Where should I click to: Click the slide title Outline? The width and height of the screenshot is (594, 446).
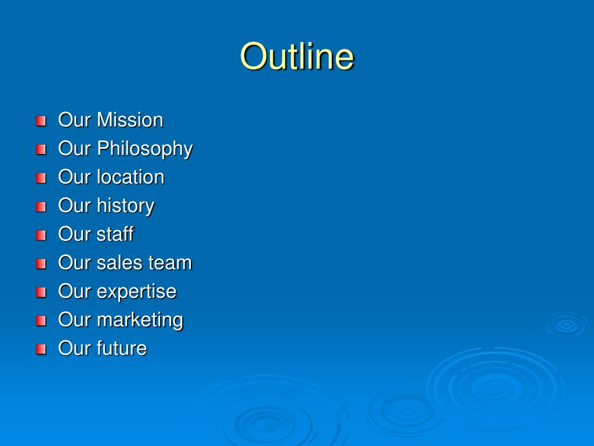tap(297, 56)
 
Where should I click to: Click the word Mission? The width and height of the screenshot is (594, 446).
tap(130, 120)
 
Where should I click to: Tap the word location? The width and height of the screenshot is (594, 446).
tap(131, 177)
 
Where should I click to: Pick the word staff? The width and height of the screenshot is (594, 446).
tap(115, 234)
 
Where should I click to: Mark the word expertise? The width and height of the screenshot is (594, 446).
tap(136, 292)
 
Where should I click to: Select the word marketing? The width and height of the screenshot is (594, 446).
tap(140, 321)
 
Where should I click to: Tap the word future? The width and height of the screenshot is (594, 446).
tap(122, 348)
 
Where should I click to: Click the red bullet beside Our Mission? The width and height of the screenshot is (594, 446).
tap(41, 121)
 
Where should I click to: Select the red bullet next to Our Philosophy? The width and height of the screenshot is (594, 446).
tap(41, 149)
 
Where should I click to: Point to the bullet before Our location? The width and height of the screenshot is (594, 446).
tap(41, 178)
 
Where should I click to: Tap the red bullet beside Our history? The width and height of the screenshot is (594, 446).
tap(41, 207)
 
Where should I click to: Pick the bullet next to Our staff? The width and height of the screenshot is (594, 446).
tap(41, 235)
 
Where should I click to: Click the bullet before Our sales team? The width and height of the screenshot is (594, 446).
tap(41, 264)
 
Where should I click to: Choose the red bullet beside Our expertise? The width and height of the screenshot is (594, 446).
tap(41, 293)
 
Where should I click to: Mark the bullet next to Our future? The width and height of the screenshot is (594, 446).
tap(41, 349)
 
